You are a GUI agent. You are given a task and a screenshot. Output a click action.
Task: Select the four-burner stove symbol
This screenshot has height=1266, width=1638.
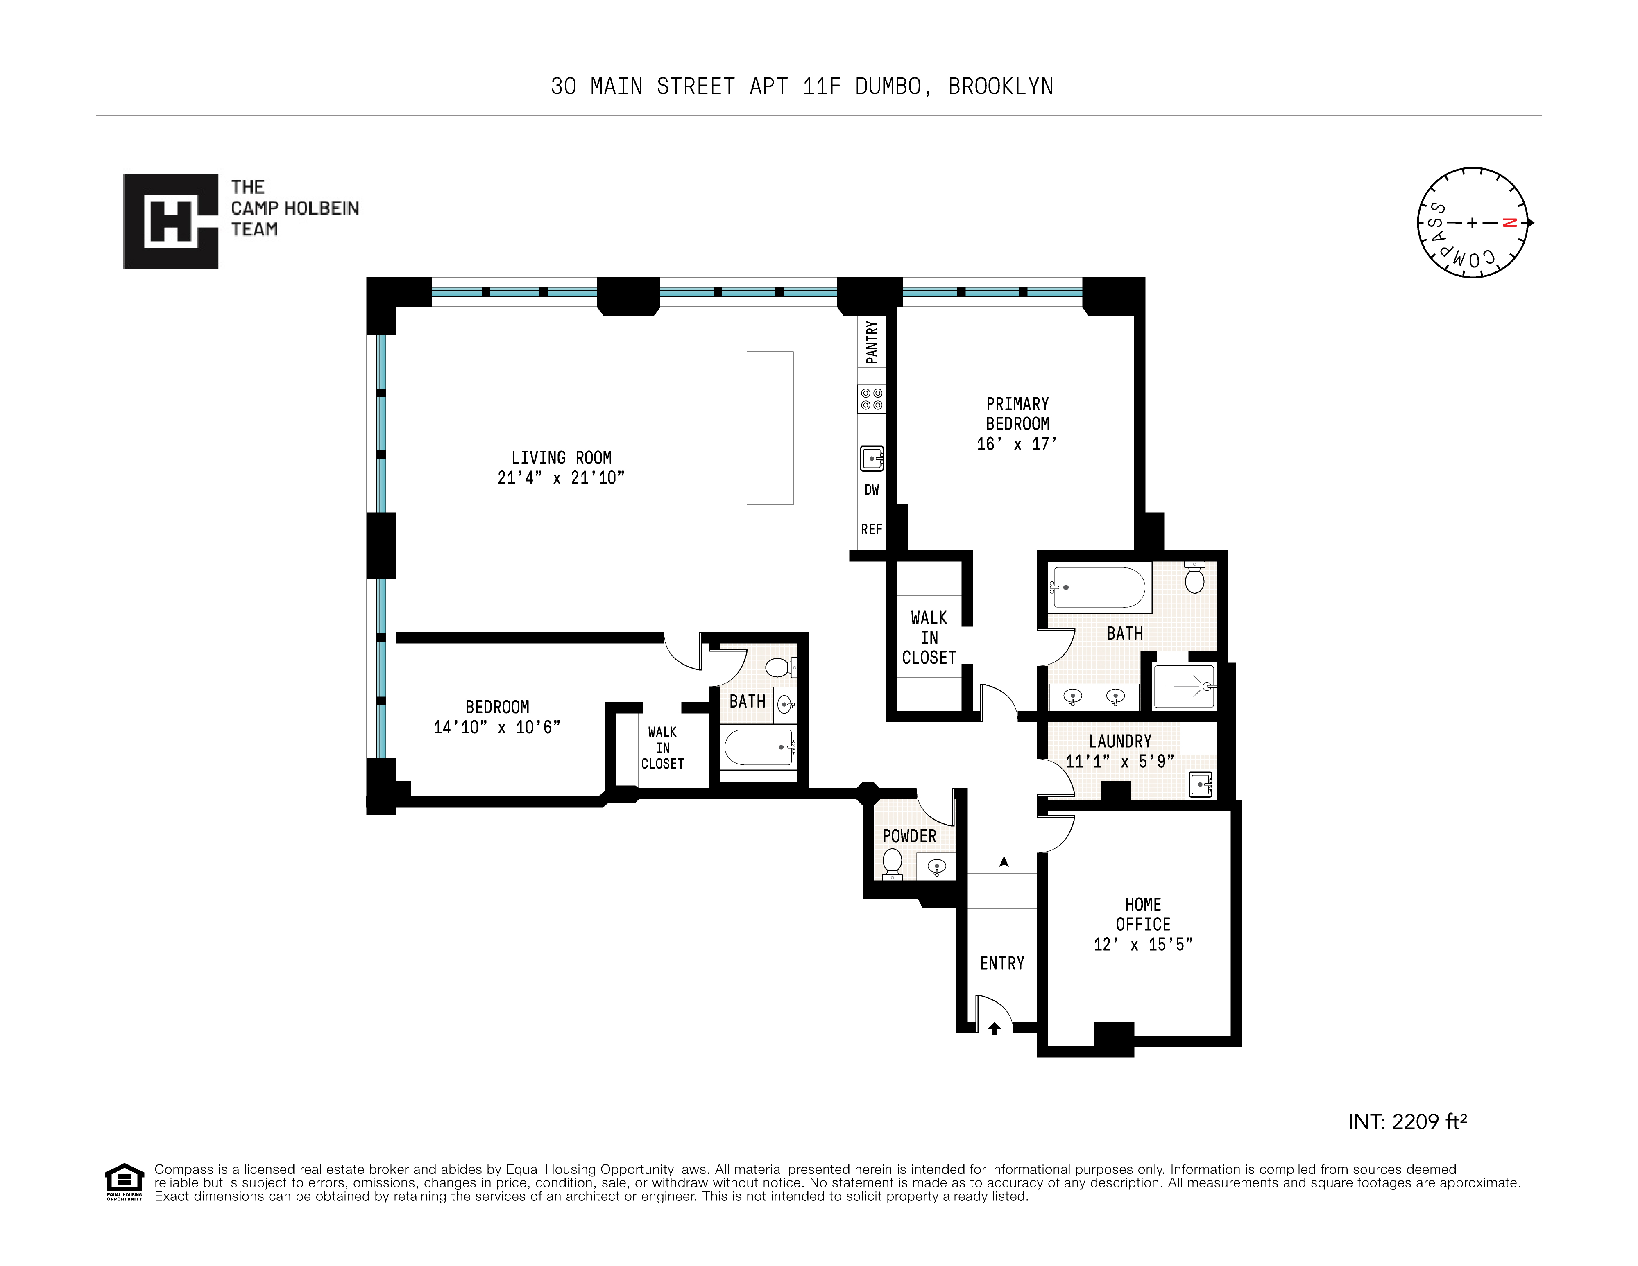point(872,399)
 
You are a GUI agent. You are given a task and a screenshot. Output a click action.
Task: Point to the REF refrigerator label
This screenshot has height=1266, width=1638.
point(872,529)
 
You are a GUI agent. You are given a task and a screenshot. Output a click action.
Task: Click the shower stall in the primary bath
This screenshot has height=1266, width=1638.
point(1184,686)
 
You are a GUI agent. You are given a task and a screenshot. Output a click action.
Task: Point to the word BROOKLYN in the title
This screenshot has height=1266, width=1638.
point(1001,87)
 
